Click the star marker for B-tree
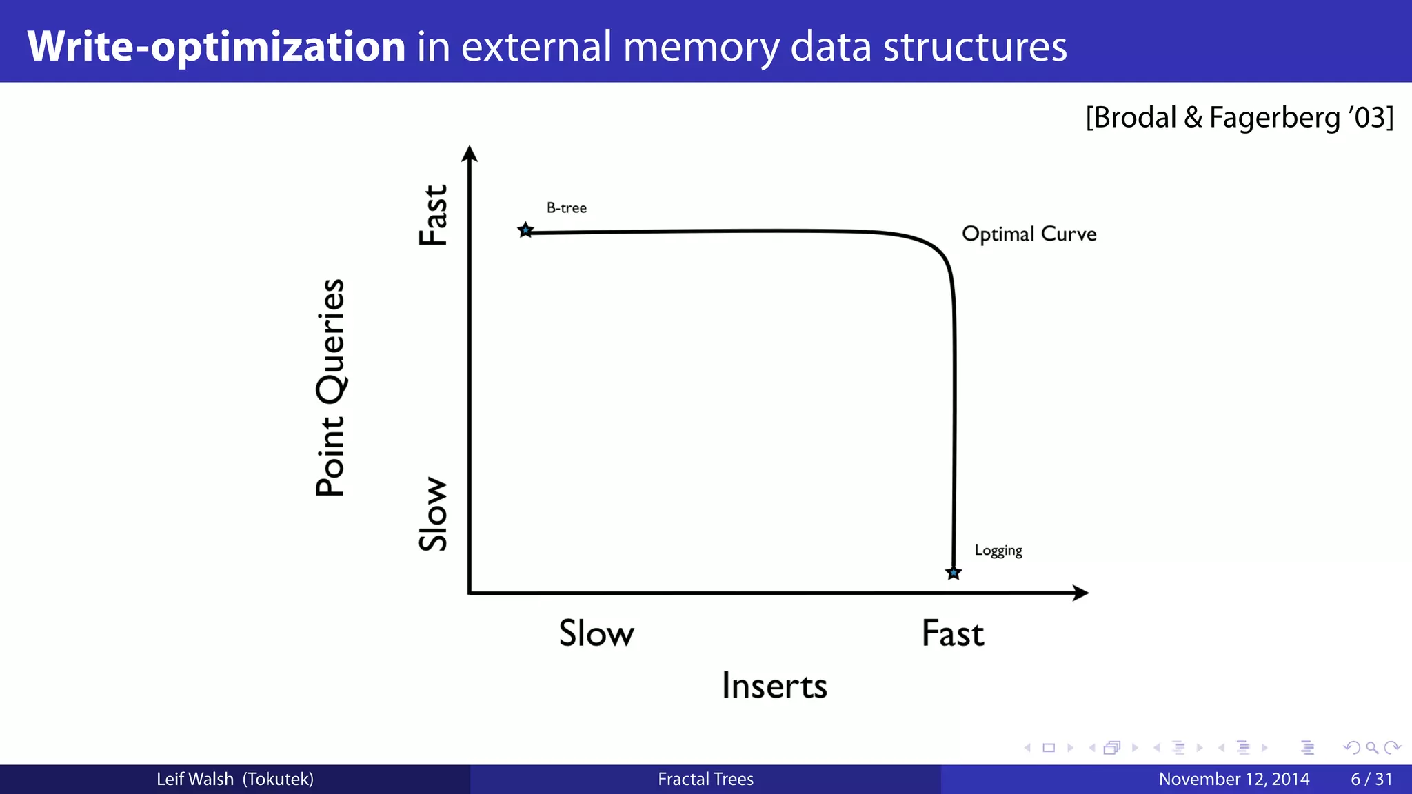click(x=525, y=230)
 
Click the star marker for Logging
click(x=954, y=573)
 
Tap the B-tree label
click(x=566, y=207)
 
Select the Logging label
click(x=998, y=550)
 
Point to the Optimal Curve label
click(x=1029, y=234)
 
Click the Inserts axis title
click(x=774, y=686)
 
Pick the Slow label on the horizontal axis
click(x=596, y=633)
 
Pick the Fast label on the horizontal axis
click(x=953, y=633)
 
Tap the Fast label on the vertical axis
click(x=434, y=215)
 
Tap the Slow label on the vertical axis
click(x=434, y=513)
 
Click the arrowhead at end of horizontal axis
click(x=1080, y=593)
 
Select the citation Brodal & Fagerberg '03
click(x=1239, y=117)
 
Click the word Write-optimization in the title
click(x=216, y=46)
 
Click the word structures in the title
click(x=975, y=46)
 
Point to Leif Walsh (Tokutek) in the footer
click(x=234, y=779)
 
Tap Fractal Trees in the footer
click(x=705, y=779)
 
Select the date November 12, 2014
click(x=1233, y=779)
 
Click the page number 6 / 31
click(x=1371, y=779)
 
